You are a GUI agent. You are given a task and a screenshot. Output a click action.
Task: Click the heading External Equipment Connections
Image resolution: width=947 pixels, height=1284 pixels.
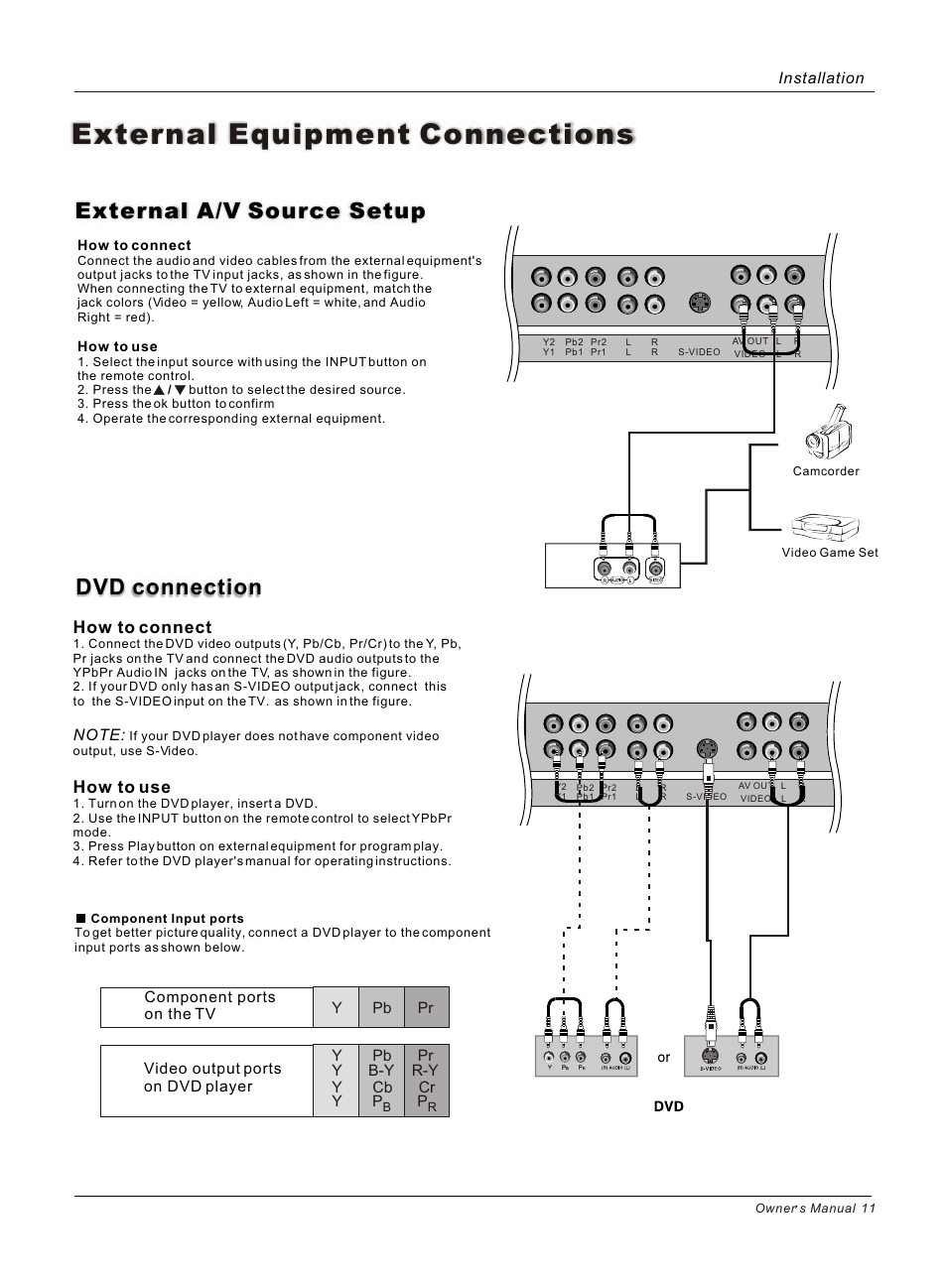(352, 134)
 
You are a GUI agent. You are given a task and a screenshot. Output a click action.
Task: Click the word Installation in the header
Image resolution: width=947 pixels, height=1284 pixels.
(820, 78)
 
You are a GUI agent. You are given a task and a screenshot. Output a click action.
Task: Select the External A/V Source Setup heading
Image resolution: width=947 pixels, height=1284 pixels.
(250, 210)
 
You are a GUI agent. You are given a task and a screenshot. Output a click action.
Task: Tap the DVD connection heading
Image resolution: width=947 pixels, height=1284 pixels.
(169, 587)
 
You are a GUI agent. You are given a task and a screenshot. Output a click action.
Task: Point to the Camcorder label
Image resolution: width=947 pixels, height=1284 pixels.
(826, 471)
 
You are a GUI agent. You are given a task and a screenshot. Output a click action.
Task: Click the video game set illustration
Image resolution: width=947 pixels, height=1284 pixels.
(824, 525)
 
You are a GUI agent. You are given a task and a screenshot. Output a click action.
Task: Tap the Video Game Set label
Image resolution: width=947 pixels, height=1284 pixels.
(830, 553)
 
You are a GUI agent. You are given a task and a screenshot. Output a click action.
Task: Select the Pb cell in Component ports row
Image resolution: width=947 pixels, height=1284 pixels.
(382, 1007)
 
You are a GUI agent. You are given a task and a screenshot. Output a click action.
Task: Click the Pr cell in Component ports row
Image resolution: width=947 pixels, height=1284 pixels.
(426, 1007)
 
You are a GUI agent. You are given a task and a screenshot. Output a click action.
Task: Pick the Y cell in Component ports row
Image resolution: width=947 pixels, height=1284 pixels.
(337, 1007)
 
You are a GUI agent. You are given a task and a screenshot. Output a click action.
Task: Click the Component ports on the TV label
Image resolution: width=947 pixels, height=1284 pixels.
(208, 1005)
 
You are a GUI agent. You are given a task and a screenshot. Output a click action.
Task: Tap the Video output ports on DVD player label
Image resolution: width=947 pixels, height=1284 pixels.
(212, 1078)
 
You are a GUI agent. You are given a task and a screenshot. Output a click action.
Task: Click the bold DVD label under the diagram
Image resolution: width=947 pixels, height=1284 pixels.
(669, 1106)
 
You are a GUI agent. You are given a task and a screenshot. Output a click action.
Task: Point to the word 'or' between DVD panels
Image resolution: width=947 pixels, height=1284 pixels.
(664, 1058)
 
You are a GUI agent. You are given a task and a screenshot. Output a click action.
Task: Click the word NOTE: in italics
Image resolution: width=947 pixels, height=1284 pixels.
(99, 734)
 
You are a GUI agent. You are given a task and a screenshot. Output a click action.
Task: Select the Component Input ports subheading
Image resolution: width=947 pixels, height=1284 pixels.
(166, 919)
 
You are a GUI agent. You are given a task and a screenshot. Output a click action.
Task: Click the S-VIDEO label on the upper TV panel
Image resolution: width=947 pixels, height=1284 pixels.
(699, 352)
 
